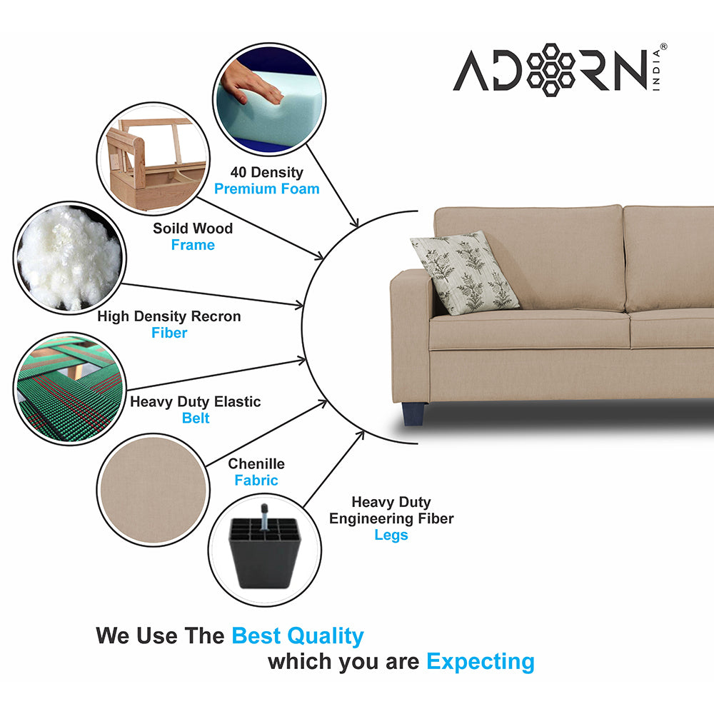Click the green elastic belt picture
(x=69, y=388)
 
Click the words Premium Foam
(x=267, y=189)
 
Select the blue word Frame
(x=193, y=245)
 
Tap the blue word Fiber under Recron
(x=169, y=333)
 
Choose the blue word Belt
(x=196, y=418)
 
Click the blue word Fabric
(x=256, y=481)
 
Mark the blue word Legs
(x=391, y=535)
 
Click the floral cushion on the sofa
(x=466, y=272)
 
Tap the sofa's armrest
(x=410, y=336)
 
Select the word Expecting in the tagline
(x=481, y=662)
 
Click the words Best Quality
(x=298, y=635)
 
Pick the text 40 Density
(x=266, y=172)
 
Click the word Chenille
(x=256, y=464)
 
